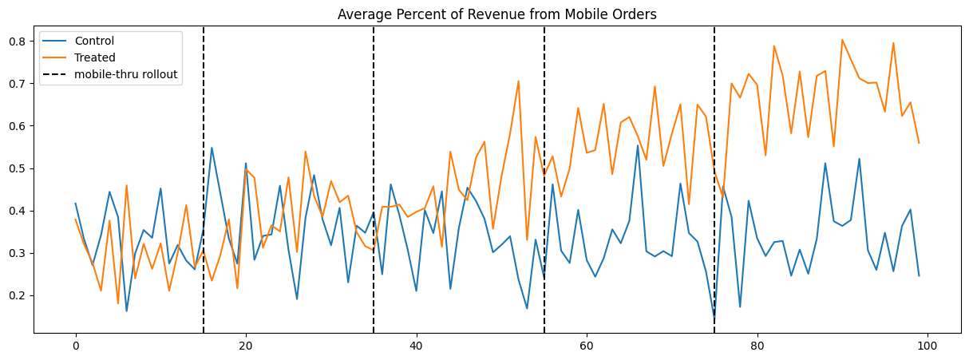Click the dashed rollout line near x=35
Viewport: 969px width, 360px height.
click(x=374, y=120)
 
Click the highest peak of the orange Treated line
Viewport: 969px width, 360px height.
click(x=841, y=40)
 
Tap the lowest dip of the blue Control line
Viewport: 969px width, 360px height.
click(x=714, y=321)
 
